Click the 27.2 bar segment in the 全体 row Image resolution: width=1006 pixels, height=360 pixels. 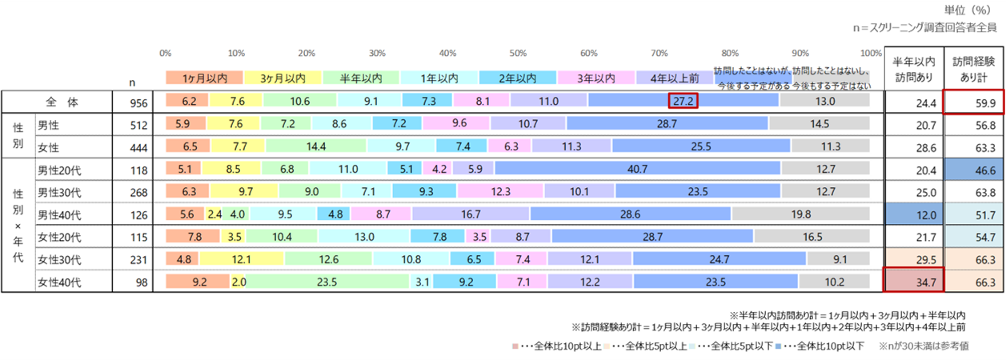[x=683, y=101]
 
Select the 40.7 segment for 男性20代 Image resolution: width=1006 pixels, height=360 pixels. [x=637, y=169]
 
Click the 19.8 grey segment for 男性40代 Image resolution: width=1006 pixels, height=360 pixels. [x=801, y=214]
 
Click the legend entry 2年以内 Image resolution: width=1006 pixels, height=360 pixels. [x=517, y=78]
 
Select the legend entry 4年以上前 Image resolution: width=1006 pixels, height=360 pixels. [x=674, y=78]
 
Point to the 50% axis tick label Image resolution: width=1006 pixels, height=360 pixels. [x=518, y=53]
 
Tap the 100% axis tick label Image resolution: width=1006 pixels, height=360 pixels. [x=871, y=53]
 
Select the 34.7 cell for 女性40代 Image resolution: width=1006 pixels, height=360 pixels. [x=913, y=282]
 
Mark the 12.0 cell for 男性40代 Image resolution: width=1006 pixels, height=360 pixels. [x=913, y=214]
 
